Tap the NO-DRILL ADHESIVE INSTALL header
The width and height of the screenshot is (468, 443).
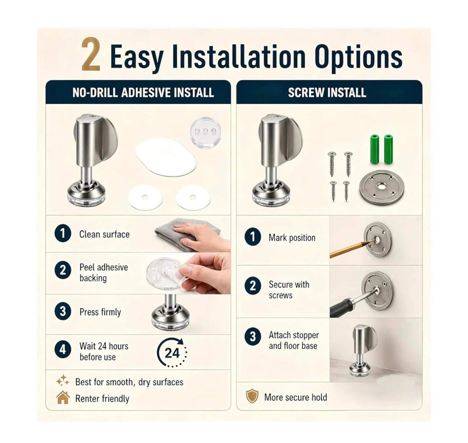coord(143,93)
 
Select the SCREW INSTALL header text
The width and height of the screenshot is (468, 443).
coord(327,92)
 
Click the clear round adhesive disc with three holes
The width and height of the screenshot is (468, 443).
coord(205,133)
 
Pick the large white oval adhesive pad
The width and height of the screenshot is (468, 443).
coord(166,157)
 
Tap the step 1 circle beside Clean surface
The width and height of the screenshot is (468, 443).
coord(63,233)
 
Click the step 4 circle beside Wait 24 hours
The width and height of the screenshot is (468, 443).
coord(63,349)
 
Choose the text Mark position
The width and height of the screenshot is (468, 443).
coord(292,238)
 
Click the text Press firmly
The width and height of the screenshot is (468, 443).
coord(100,312)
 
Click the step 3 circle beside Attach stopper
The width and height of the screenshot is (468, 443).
coord(253,336)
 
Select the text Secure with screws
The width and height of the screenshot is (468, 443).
coord(289,290)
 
